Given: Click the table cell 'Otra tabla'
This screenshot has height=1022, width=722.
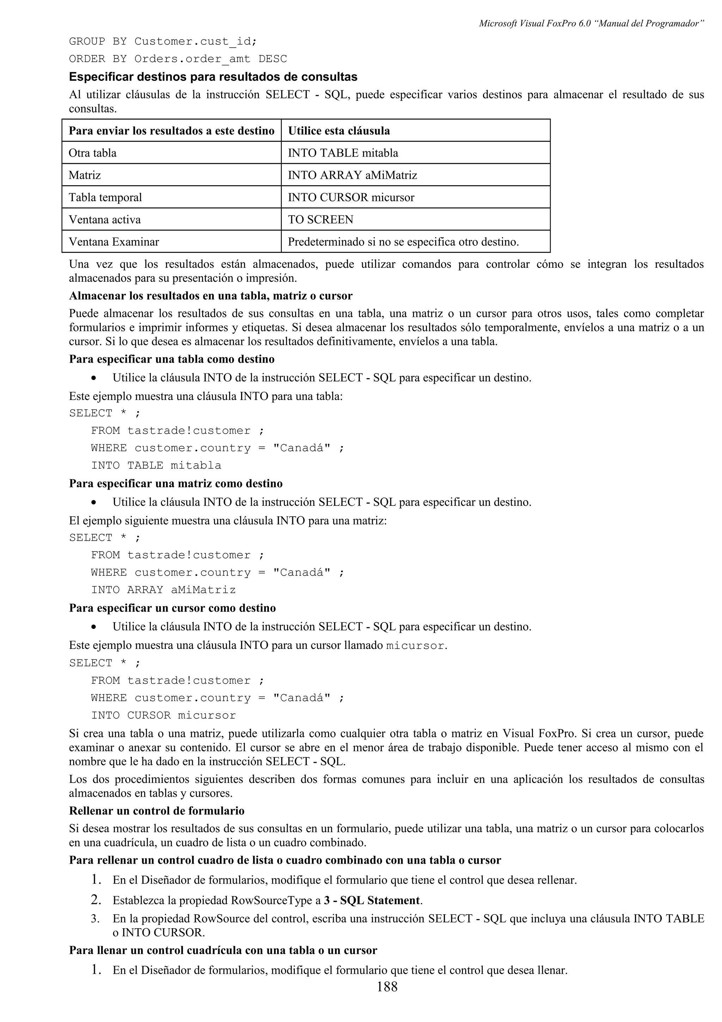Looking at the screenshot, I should pos(92,153).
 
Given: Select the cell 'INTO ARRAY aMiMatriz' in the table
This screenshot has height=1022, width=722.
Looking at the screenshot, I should pos(352,175).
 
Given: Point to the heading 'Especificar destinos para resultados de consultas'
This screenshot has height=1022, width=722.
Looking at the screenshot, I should pos(213,77).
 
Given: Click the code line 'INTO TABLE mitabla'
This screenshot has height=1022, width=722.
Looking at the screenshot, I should pos(156,465).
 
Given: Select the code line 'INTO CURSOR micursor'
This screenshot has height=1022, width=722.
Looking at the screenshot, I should pos(163,715).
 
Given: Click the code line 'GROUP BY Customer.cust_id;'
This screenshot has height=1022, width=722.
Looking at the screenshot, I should pos(163,41).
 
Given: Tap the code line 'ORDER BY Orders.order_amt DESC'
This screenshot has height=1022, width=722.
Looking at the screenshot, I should pos(178,59).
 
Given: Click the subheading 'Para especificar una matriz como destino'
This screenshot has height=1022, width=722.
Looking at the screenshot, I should pos(176,483).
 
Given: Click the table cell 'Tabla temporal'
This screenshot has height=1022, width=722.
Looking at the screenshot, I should pos(105,197).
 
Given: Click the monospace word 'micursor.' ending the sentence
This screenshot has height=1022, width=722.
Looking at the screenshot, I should pos(416,645).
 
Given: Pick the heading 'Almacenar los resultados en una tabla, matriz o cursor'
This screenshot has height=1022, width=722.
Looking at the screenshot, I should pos(210,296).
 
